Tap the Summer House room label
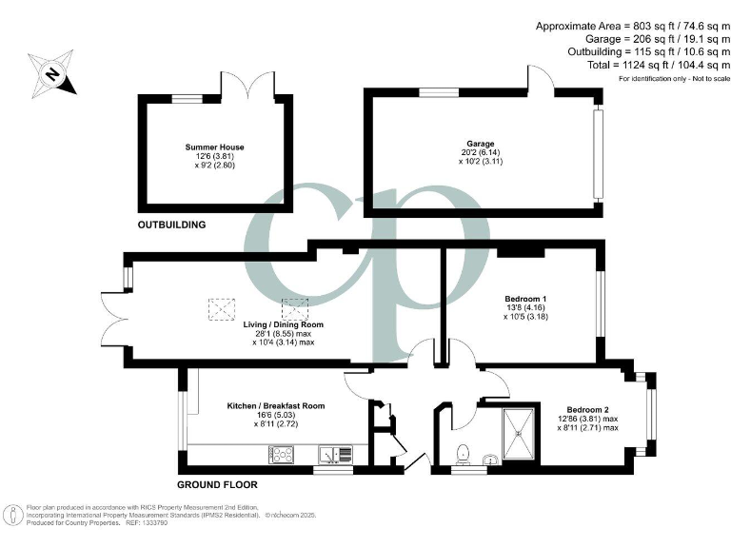(214, 147)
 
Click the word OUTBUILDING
(171, 225)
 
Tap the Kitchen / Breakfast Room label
(275, 406)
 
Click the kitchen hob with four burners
(284, 455)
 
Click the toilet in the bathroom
(464, 453)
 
